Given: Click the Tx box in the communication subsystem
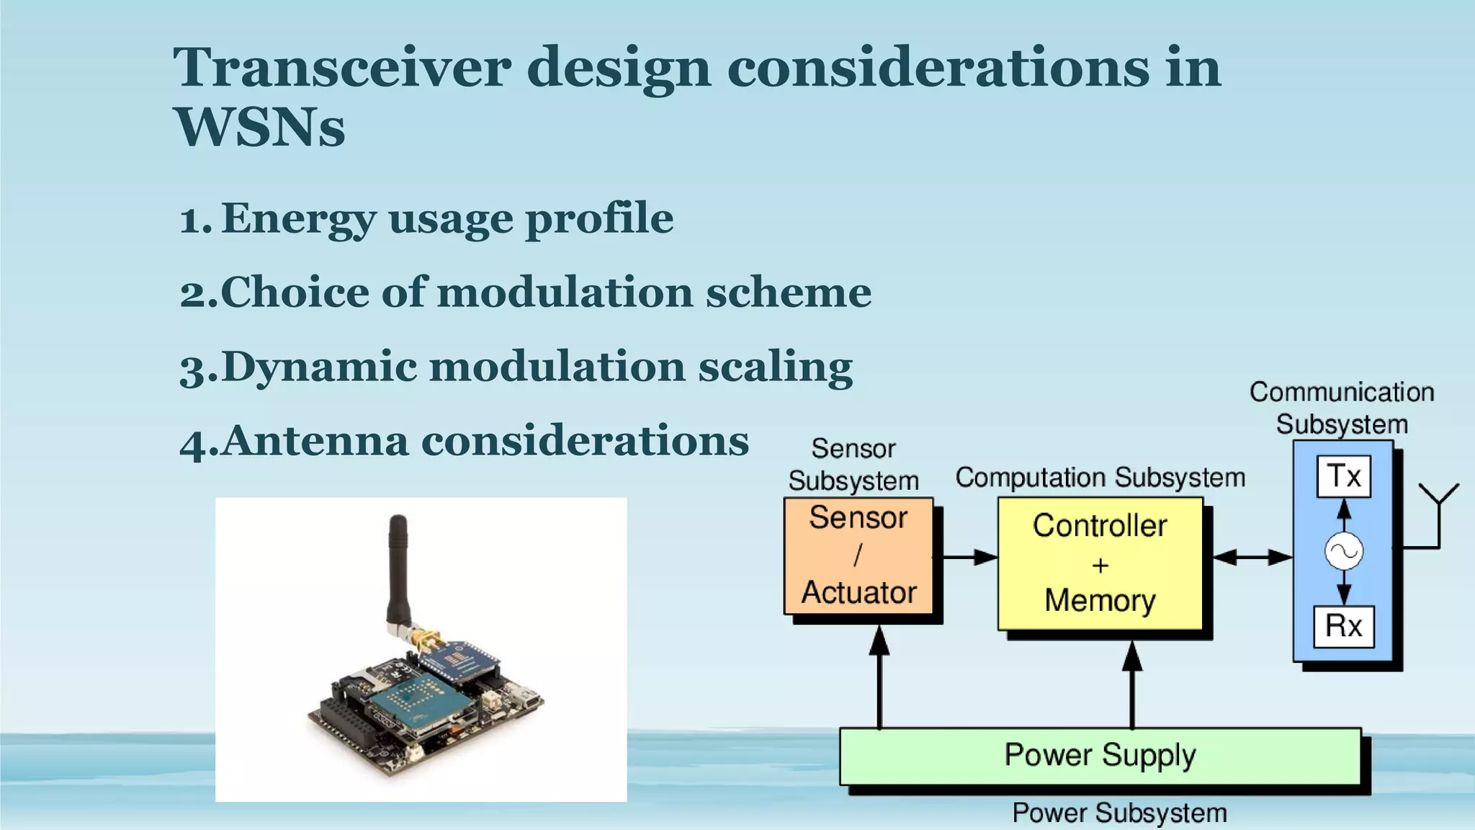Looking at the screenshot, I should click(1343, 476).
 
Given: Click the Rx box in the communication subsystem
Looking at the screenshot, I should click(1343, 626).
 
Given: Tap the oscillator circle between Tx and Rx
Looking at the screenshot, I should click(1344, 552).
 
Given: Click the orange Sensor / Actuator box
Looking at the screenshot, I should click(858, 555).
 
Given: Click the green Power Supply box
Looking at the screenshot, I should click(1100, 756).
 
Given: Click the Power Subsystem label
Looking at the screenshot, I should click(1119, 813).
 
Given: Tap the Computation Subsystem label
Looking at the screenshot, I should click(1100, 478).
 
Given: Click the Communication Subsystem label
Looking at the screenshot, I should click(1342, 408).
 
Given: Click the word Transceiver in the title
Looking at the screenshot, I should click(341, 68).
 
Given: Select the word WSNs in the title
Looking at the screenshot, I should click(259, 128).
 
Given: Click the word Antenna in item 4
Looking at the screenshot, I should click(315, 441).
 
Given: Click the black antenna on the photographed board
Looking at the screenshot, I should click(398, 569).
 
